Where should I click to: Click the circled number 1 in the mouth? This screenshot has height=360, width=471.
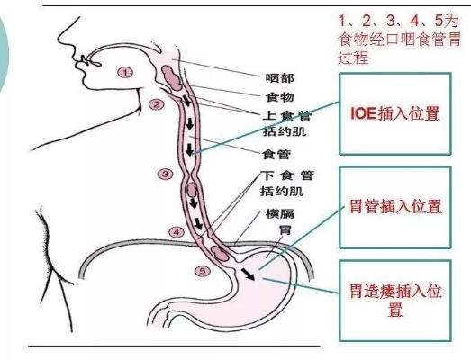(125, 72)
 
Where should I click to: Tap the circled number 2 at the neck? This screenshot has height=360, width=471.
(157, 104)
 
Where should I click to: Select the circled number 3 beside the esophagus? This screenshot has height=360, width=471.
(165, 174)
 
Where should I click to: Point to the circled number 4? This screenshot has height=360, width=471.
(177, 232)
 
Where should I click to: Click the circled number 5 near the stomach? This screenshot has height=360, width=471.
(203, 271)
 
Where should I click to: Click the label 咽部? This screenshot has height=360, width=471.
(280, 78)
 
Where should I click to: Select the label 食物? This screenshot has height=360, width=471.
(280, 97)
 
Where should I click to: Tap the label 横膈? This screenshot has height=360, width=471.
(280, 214)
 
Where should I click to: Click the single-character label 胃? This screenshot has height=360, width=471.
(285, 229)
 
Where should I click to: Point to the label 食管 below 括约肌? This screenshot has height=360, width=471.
(276, 154)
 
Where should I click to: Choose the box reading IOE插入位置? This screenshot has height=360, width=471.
(395, 113)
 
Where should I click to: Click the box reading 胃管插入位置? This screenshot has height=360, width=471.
(395, 208)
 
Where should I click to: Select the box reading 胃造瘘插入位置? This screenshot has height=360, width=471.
(395, 301)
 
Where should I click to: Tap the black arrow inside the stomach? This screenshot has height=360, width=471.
(249, 274)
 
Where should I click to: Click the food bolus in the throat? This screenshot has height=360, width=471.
(171, 77)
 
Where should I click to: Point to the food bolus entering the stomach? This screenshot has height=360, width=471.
(219, 253)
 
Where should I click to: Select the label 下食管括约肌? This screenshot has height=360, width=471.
(287, 184)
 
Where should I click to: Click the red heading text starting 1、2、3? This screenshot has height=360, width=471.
(399, 39)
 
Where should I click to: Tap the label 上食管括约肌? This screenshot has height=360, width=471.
(287, 123)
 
